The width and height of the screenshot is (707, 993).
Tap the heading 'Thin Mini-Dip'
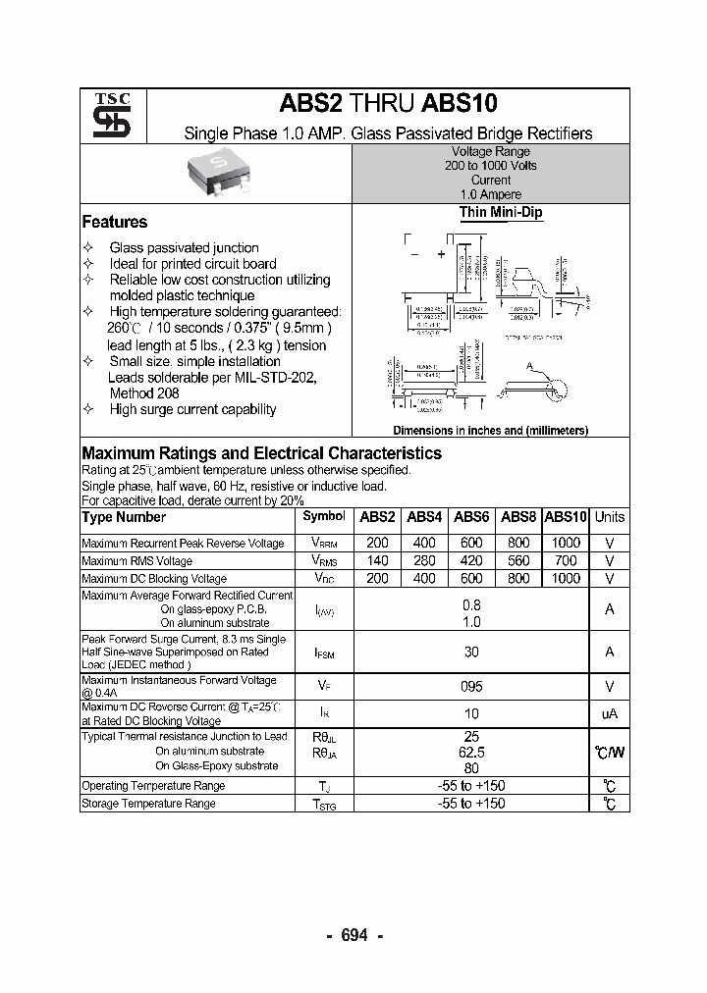click(x=500, y=213)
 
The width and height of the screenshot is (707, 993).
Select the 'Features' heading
click(x=115, y=223)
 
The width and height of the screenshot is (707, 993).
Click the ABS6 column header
click(x=471, y=517)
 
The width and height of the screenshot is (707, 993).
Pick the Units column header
click(x=610, y=517)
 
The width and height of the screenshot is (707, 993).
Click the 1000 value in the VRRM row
click(x=566, y=543)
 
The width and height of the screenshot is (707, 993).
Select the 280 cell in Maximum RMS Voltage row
click(x=424, y=560)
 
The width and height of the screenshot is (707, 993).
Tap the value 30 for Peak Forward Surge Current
click(x=471, y=652)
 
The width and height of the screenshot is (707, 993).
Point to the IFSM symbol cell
click(x=324, y=653)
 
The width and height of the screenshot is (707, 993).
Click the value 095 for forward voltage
click(x=471, y=687)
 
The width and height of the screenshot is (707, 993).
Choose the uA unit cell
click(x=610, y=714)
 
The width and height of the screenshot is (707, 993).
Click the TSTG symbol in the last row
click(x=324, y=804)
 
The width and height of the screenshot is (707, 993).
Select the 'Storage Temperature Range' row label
click(x=148, y=804)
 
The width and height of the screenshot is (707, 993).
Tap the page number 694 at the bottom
click(x=353, y=935)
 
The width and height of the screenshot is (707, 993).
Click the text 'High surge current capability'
click(x=192, y=410)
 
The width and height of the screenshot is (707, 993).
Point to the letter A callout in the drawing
click(x=531, y=366)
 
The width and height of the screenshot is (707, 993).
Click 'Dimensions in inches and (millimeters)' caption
click(x=490, y=431)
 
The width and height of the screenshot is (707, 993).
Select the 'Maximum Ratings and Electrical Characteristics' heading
click(x=261, y=453)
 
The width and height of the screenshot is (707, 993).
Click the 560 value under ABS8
click(x=518, y=560)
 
